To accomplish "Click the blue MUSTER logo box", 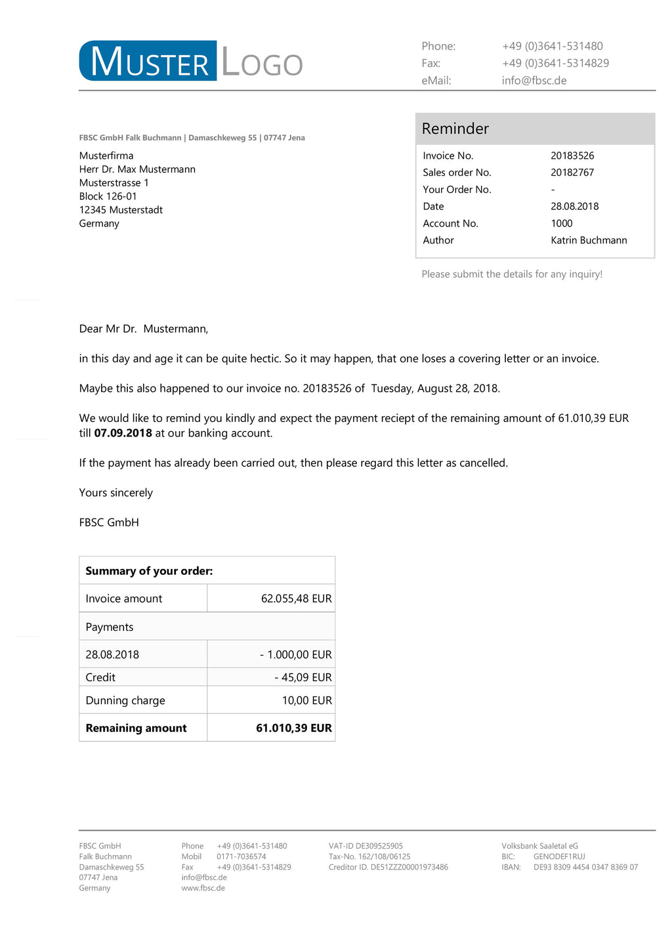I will click(148, 61).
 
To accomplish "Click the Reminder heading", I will click(455, 129).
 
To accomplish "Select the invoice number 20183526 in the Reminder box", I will click(572, 156).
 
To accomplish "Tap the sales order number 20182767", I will click(572, 173).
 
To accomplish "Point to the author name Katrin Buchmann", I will click(589, 240).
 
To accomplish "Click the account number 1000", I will click(562, 223).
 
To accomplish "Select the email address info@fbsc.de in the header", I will click(534, 81).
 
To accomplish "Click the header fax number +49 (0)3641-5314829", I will click(555, 64).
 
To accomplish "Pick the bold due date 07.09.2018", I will click(123, 433).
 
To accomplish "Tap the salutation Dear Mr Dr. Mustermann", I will click(144, 329).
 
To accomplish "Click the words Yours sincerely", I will click(116, 493).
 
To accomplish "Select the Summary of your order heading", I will click(149, 571).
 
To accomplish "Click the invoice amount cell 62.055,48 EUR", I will click(296, 599).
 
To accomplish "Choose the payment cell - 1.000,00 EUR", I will click(295, 654).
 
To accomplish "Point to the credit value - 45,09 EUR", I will click(303, 677).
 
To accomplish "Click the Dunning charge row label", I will click(125, 700).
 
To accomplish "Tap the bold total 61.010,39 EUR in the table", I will click(294, 728).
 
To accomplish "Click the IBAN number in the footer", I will click(585, 867).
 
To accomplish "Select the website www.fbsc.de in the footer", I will click(203, 888).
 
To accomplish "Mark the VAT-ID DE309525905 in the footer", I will click(366, 846).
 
